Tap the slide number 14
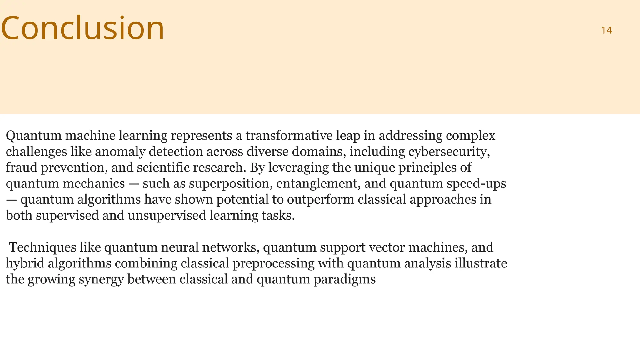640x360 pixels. [x=606, y=30]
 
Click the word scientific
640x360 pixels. [x=163, y=167]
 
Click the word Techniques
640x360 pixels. [x=42, y=247]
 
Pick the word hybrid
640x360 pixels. [x=25, y=263]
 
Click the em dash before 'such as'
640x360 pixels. [x=133, y=184]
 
